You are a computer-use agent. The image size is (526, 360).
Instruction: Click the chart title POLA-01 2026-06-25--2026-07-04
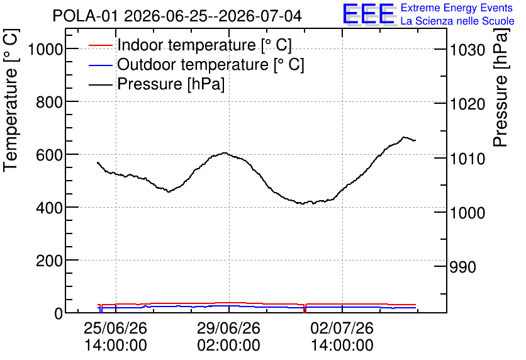point(177,16)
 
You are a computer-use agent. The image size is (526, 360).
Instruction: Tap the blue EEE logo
point(369,14)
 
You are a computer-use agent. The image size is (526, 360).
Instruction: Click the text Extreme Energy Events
point(457,8)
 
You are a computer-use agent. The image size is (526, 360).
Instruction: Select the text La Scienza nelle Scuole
point(457,21)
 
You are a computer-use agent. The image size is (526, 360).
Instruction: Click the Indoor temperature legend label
point(204,45)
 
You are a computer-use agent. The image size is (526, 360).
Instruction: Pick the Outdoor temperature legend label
point(211,64)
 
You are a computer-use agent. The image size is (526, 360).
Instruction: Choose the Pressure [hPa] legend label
point(171,84)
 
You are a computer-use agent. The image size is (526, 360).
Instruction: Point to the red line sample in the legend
point(100,45)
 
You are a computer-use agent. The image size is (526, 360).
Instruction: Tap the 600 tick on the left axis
point(49,155)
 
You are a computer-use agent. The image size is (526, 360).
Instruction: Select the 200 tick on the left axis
point(49,261)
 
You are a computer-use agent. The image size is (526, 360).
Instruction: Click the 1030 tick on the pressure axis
point(467,50)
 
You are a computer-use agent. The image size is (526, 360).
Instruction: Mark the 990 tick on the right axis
point(462,267)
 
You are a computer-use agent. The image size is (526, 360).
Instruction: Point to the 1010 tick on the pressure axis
point(467,159)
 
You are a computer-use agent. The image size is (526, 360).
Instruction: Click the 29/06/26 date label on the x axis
point(228,328)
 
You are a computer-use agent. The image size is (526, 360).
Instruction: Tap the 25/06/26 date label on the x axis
point(115,328)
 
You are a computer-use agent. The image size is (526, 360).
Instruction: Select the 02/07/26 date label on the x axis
point(342,328)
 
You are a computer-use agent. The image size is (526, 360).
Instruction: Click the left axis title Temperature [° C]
point(11,100)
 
